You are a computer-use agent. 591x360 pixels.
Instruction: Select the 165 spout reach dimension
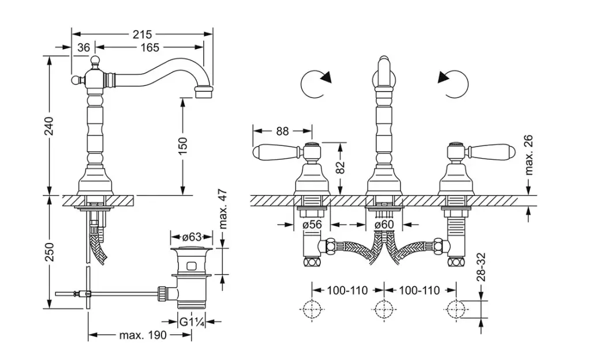tap(149, 48)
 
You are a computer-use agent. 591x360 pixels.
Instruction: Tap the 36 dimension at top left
tap(84, 48)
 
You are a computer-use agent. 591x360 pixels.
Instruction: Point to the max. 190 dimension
tap(143, 335)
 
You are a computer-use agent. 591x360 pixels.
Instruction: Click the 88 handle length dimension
tap(282, 131)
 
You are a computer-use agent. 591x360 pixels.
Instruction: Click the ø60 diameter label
tap(384, 224)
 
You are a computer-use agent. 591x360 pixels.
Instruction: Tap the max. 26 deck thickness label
tap(529, 155)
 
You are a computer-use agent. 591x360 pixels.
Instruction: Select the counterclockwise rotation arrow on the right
tap(454, 85)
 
